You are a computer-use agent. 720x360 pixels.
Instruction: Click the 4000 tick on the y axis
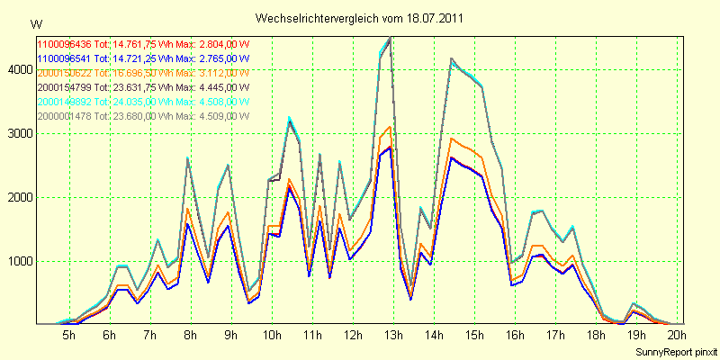pyautogui.click(x=17, y=69)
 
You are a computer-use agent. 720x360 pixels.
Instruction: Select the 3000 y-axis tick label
pyautogui.click(x=17, y=133)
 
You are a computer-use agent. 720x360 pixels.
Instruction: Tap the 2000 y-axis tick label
pyautogui.click(x=17, y=197)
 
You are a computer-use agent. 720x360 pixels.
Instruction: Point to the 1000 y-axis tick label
pyautogui.click(x=17, y=261)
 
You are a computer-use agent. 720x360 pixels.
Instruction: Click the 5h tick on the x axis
pyautogui.click(x=68, y=335)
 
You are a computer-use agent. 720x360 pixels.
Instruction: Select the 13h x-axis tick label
pyautogui.click(x=392, y=335)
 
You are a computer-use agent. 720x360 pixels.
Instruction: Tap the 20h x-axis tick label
pyautogui.click(x=677, y=335)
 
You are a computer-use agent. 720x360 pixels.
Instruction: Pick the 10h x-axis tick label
pyautogui.click(x=271, y=335)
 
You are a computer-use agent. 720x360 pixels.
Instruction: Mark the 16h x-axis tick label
pyautogui.click(x=515, y=335)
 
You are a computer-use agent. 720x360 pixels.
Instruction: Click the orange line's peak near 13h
pyautogui.click(x=389, y=127)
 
